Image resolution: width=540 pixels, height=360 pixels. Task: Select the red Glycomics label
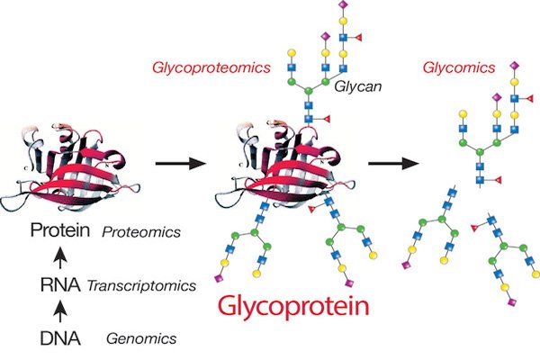click(x=459, y=66)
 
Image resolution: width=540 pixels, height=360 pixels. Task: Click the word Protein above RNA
click(x=59, y=231)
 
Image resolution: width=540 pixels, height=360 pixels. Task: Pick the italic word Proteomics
click(x=141, y=233)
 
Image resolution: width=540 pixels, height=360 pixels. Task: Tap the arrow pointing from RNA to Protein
click(x=59, y=259)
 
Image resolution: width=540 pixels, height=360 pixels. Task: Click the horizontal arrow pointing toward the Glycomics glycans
click(x=395, y=165)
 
